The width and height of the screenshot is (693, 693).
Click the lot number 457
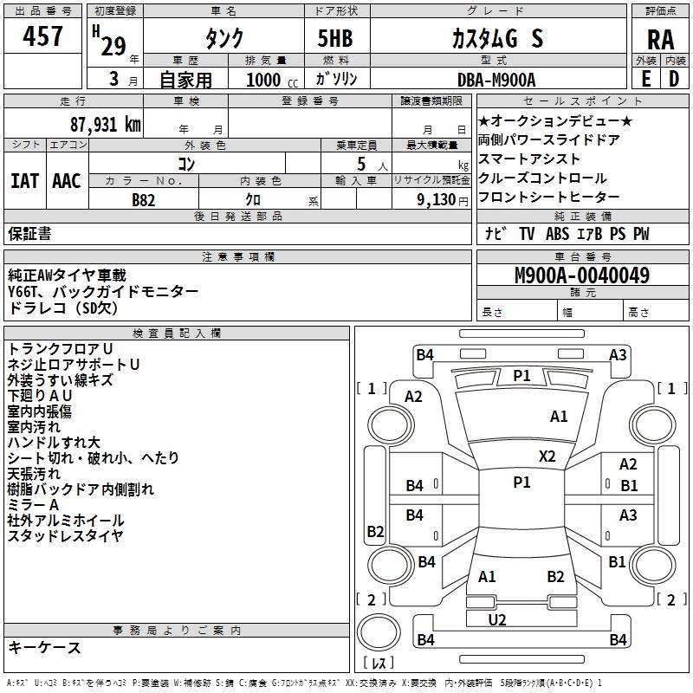point(42,36)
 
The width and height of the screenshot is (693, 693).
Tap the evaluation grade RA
point(660,39)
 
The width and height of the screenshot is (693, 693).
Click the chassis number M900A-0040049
point(582,276)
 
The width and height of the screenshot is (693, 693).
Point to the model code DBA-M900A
point(496,80)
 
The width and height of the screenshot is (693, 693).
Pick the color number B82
point(144,199)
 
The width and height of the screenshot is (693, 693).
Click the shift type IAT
point(24,180)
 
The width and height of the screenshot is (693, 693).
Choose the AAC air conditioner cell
point(66,180)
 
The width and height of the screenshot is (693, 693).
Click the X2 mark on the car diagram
point(547,457)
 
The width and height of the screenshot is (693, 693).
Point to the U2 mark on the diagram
point(497,619)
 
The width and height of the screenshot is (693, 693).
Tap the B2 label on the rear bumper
point(555,576)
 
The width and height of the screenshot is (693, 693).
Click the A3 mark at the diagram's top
point(618,354)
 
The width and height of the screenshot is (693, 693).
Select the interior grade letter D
point(674,79)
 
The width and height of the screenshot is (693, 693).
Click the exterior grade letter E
point(646,79)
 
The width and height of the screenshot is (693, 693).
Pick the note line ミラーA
point(33,505)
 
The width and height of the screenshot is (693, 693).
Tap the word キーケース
point(44,648)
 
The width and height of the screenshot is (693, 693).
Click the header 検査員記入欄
point(177,333)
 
